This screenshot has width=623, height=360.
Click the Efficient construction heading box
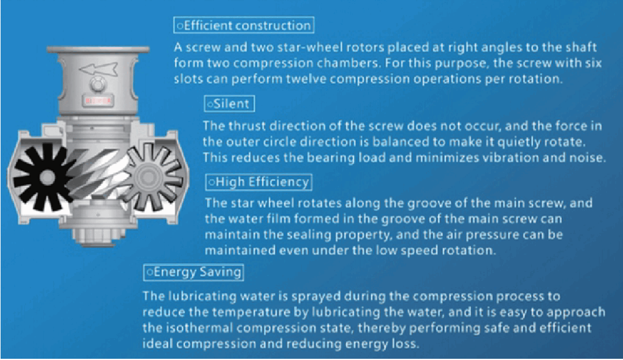point(244,25)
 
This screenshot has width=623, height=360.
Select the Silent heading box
point(229,104)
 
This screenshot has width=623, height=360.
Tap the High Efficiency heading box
point(259,182)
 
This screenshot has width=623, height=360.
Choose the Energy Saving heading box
point(193,272)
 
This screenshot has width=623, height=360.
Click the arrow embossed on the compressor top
point(99,69)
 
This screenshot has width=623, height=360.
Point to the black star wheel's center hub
point(46,177)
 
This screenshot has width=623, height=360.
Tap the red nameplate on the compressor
point(98,100)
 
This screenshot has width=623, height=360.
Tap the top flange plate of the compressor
point(98,50)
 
